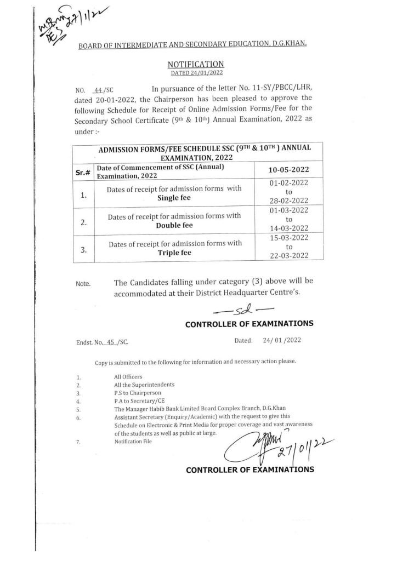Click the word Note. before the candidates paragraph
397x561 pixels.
(83, 284)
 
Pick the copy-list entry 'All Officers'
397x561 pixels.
(128, 377)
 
